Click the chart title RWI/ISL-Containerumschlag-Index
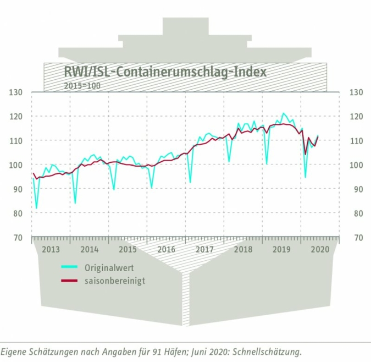point(165,72)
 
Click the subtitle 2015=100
point(82,85)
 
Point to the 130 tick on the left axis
point(16,92)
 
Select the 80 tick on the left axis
point(18,213)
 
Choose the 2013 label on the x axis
point(51,249)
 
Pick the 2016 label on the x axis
point(166,249)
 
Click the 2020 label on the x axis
point(320,249)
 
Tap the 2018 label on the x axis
point(243,249)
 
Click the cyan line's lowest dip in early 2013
point(37,209)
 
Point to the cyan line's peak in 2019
point(284,113)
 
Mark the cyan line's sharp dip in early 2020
point(306,178)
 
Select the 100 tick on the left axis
point(16,165)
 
